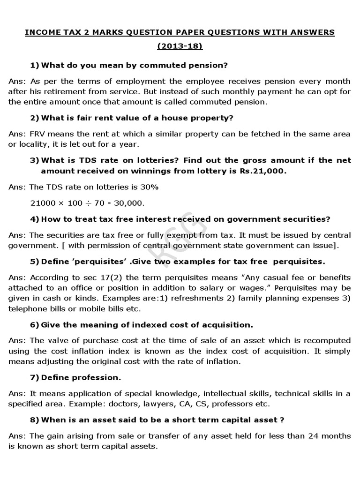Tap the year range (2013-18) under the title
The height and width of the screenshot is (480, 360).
click(x=180, y=47)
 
